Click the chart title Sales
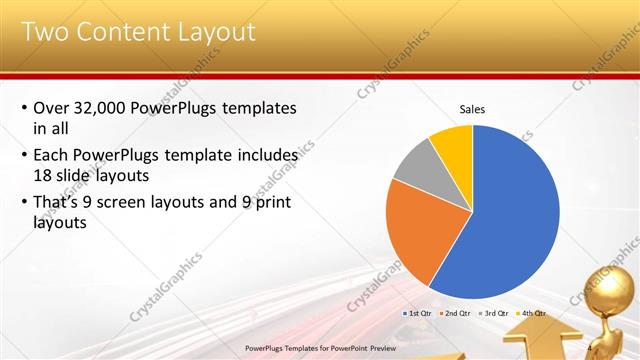click(473, 109)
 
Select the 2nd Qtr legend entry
click(455, 313)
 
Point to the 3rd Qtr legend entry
click(493, 313)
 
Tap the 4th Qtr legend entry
click(530, 313)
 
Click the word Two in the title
click(44, 31)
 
